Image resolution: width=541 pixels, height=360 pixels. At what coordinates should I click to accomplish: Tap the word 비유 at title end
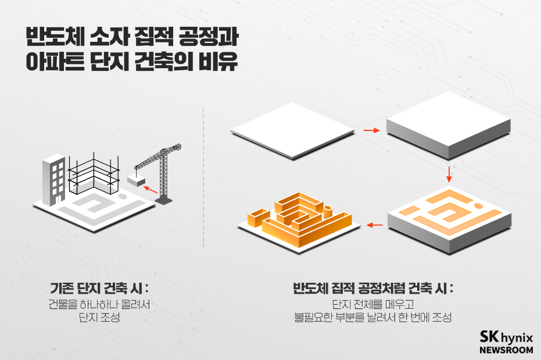click(220, 63)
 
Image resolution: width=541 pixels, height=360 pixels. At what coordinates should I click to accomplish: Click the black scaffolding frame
click(92, 172)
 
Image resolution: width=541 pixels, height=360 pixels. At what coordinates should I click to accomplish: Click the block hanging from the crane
click(136, 181)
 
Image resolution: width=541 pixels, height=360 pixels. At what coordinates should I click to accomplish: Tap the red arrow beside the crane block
click(150, 190)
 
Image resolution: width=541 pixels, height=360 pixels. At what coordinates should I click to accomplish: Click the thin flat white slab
click(292, 131)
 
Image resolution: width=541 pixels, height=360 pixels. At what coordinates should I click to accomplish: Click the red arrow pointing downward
click(449, 173)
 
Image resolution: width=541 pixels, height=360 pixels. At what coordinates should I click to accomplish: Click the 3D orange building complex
click(299, 217)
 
